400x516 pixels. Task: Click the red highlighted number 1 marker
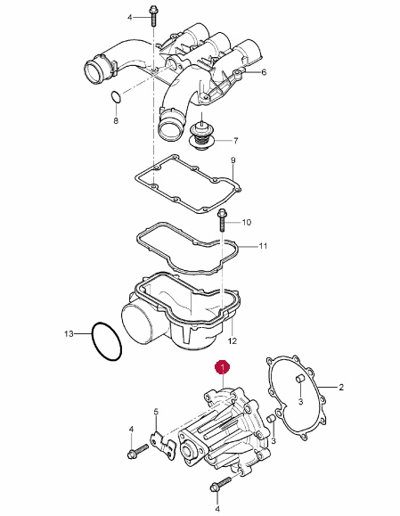(223, 367)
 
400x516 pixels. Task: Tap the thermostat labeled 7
(201, 135)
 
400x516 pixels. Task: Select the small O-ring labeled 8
(116, 97)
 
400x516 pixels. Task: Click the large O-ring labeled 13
(107, 341)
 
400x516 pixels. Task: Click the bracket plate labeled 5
(163, 446)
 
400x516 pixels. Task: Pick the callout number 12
(233, 341)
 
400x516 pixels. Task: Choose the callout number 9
(233, 160)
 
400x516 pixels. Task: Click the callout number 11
(263, 246)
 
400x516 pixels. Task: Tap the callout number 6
(264, 72)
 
